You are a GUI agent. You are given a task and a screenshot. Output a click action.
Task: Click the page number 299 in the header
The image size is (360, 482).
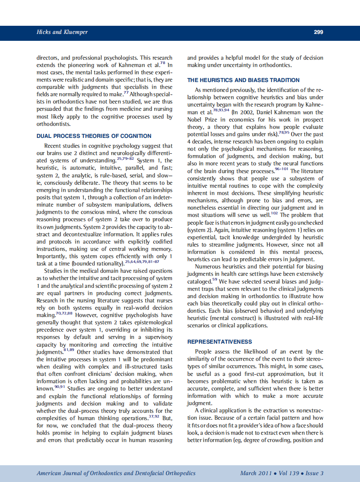[318, 32]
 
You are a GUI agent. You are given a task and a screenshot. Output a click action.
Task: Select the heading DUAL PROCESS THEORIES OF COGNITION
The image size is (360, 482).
[94, 136]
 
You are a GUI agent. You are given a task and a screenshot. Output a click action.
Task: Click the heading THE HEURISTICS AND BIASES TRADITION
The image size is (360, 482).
[244, 80]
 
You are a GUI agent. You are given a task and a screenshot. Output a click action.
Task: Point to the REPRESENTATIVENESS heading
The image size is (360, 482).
[220, 342]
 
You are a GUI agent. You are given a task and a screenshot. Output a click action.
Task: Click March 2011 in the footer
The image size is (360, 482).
[256, 473]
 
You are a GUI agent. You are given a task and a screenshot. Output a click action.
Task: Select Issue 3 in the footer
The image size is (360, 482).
[314, 473]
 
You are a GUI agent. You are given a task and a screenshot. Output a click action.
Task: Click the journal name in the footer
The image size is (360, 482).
[116, 473]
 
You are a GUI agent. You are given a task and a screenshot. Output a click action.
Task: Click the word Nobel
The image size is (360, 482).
[196, 120]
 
